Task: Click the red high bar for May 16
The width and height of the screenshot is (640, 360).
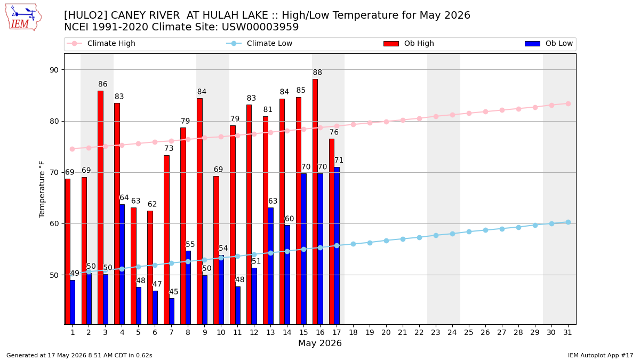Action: pyautogui.click(x=315, y=202)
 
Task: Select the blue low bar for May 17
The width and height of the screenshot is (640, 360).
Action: pyautogui.click(x=337, y=246)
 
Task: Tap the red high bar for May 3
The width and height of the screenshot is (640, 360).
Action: pyautogui.click(x=101, y=207)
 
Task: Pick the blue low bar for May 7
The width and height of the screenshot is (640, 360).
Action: pyautogui.click(x=172, y=311)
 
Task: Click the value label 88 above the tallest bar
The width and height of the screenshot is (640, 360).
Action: pyautogui.click(x=317, y=73)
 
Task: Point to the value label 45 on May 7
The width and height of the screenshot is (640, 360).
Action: pyautogui.click(x=174, y=292)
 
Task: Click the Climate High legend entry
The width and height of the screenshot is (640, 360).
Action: pyautogui.click(x=101, y=43)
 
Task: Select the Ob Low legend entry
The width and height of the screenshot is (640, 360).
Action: pyautogui.click(x=549, y=43)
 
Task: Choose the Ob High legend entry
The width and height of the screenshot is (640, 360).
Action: pyautogui.click(x=409, y=43)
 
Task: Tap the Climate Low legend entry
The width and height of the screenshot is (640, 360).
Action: pyautogui.click(x=259, y=43)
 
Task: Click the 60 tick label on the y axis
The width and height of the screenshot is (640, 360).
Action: pyautogui.click(x=54, y=223)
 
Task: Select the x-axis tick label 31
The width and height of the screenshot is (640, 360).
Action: pyautogui.click(x=567, y=332)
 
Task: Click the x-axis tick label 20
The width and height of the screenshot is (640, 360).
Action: pyautogui.click(x=386, y=332)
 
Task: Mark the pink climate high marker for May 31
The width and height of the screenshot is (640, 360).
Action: pyautogui.click(x=569, y=103)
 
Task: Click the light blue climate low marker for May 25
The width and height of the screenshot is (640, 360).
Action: pyautogui.click(x=469, y=231)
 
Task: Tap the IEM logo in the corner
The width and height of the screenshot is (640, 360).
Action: pyautogui.click(x=23, y=18)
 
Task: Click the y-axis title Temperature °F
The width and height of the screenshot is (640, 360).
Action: pyautogui.click(x=42, y=189)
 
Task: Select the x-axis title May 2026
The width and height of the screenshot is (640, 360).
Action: pyautogui.click(x=320, y=343)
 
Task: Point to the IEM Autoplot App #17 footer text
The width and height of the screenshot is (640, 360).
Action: pyautogui.click(x=601, y=355)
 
